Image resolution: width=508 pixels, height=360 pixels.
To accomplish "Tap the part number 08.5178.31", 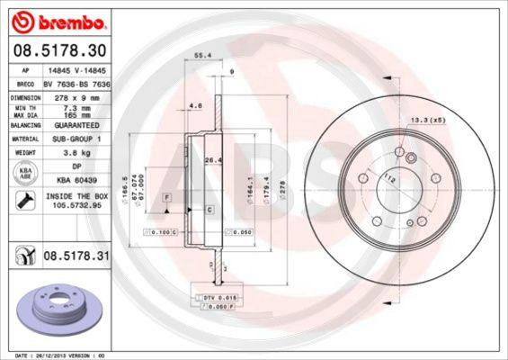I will (75, 257).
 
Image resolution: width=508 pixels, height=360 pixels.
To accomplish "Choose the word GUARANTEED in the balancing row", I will (76, 126).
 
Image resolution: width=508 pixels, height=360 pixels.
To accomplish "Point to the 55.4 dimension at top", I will (202, 56).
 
